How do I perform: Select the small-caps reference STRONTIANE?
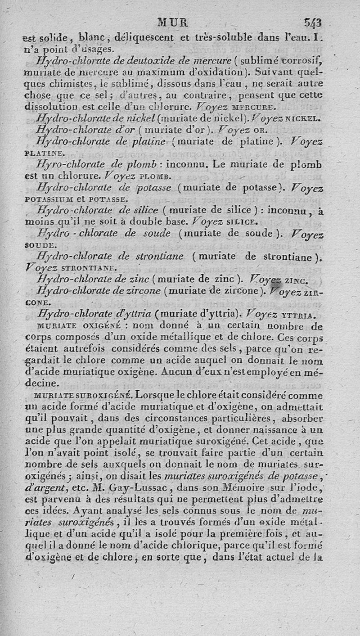point(85,268)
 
